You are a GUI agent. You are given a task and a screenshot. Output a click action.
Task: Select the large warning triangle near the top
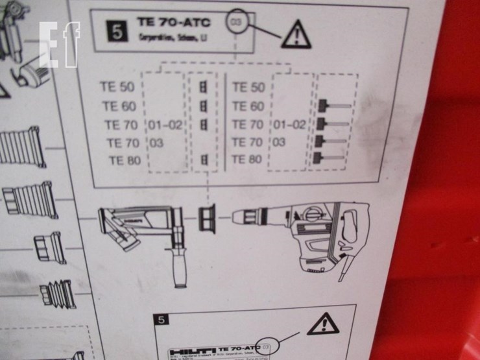pos(296,34)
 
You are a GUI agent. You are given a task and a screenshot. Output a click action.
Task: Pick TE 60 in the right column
pos(248,106)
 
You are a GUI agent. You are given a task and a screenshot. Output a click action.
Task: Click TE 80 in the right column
pos(247,159)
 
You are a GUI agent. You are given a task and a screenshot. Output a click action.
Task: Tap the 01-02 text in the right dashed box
pos(289,124)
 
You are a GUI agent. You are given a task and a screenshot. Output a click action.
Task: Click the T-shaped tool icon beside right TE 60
pos(333,106)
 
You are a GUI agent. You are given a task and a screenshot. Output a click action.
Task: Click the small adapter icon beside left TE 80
pos(204,160)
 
